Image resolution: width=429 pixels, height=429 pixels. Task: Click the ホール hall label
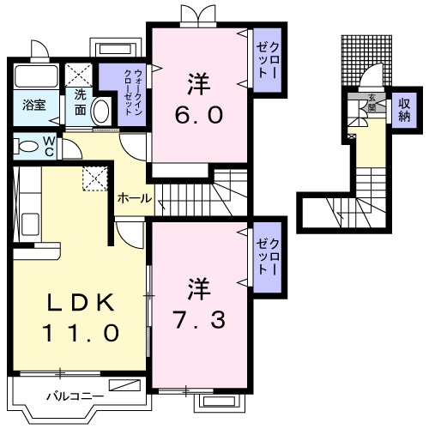tap(134, 198)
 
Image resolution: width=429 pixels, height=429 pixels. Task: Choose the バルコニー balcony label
tap(75, 396)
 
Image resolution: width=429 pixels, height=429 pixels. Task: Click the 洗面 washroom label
tap(80, 102)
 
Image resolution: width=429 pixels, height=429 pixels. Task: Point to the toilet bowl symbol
tap(27, 146)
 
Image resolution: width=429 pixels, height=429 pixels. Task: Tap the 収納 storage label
tap(403, 109)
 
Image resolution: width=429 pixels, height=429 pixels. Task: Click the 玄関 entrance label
tap(372, 100)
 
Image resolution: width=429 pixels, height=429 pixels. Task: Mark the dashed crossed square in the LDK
tap(93, 178)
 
